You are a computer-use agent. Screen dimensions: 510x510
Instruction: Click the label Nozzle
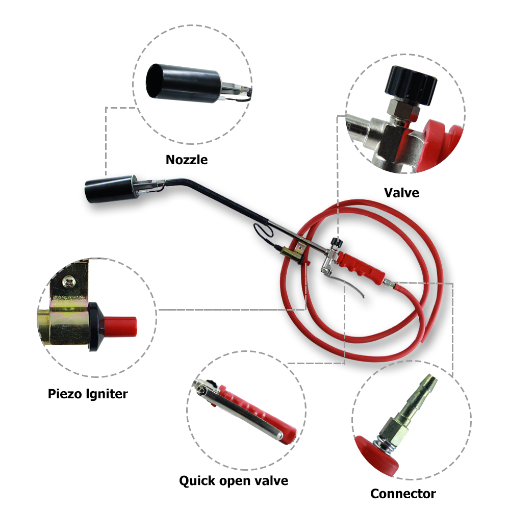tap(187, 160)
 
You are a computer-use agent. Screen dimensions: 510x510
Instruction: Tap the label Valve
tap(401, 193)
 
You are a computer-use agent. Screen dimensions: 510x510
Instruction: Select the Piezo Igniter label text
tap(88, 394)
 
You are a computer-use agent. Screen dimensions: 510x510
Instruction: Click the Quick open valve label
tap(234, 480)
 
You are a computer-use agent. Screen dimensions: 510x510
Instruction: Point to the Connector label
tap(403, 494)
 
